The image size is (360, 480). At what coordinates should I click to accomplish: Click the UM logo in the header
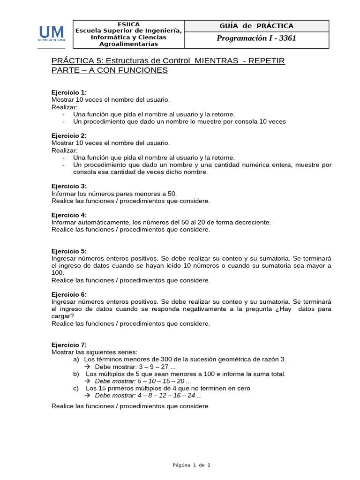pos(52,34)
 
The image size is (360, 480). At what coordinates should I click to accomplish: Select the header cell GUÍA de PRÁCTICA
pos(256,26)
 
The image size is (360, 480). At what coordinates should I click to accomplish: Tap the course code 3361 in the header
pos(287,38)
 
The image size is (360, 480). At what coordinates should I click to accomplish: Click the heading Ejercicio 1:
pos(69,92)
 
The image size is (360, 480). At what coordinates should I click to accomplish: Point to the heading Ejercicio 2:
pos(69,135)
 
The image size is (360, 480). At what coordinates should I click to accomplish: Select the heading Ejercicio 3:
pos(69,186)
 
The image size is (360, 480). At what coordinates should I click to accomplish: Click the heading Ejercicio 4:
pos(69,215)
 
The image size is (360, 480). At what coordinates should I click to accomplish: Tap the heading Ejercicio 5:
pos(69,251)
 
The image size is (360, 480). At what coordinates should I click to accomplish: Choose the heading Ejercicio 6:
pos(69,294)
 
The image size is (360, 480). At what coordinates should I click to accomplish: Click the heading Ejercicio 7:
pos(69,345)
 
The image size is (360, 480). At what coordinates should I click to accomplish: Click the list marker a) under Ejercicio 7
pos(76,359)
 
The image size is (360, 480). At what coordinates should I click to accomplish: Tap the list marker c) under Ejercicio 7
pos(76,388)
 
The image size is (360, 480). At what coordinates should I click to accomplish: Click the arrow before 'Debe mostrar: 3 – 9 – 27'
pos(87,367)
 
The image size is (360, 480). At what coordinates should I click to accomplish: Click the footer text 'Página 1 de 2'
pos(191,465)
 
